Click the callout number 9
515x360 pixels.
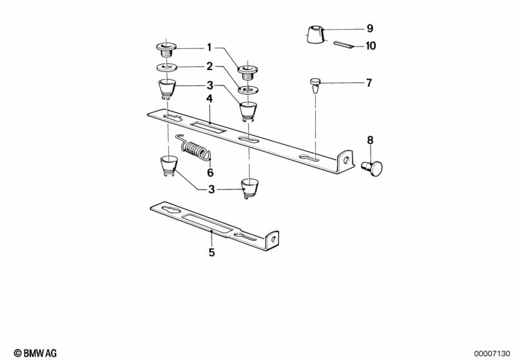(369, 28)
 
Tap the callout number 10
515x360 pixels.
(370, 46)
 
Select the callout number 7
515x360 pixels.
(369, 83)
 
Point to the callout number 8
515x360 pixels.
(370, 140)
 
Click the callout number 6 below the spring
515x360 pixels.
(209, 173)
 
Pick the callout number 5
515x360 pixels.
(211, 252)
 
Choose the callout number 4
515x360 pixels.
(209, 99)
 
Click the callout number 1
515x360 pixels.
(209, 47)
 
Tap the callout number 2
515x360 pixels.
(209, 66)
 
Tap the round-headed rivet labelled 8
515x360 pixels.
(373, 168)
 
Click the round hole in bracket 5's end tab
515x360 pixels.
(273, 238)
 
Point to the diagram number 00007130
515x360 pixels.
(492, 352)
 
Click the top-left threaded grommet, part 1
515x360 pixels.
(167, 48)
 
